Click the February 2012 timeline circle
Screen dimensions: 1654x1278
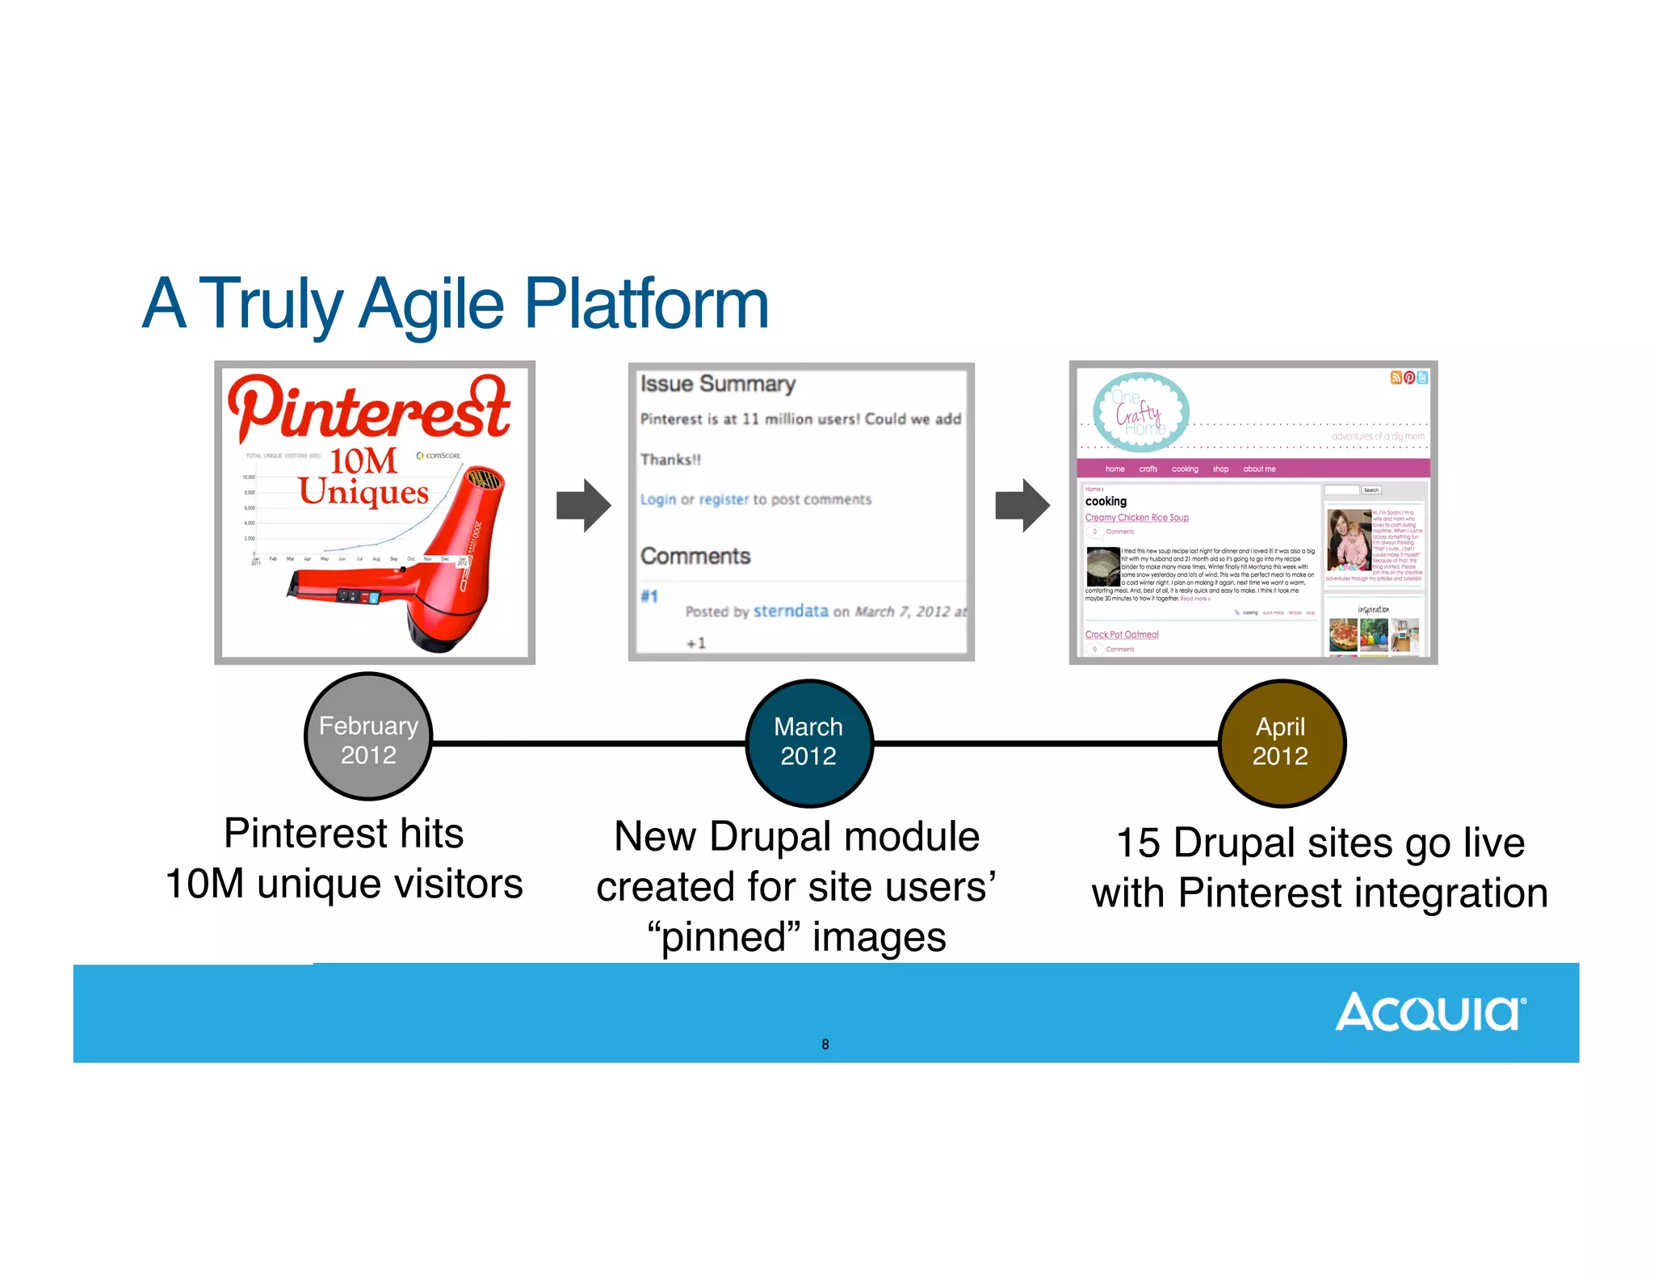tap(368, 737)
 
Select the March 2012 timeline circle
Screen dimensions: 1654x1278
tap(808, 742)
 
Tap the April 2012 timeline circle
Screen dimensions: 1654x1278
tap(1281, 742)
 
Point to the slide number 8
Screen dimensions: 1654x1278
tap(825, 1044)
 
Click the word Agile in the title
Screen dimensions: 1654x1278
tap(431, 305)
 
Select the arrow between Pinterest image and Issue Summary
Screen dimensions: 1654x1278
tap(583, 506)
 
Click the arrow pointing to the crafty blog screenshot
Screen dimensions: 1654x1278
tap(1022, 506)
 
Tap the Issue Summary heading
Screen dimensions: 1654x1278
tap(718, 384)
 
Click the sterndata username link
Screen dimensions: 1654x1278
tap(791, 611)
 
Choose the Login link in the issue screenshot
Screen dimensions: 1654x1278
tap(658, 499)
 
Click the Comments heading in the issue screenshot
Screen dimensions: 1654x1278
tap(695, 556)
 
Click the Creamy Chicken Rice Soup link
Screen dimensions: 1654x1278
tap(1136, 517)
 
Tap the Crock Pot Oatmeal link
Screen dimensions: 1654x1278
tap(1121, 634)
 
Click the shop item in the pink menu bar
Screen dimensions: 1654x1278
tap(1220, 469)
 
